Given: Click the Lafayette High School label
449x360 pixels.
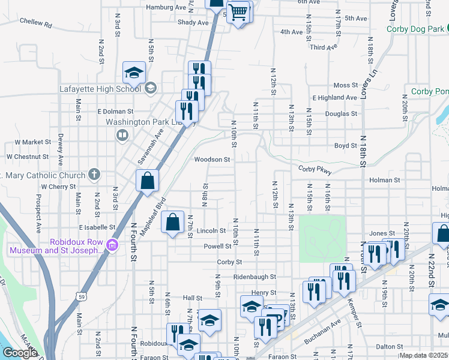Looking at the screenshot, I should pos(100,89).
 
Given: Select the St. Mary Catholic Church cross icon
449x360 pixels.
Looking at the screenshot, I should pos(94,175).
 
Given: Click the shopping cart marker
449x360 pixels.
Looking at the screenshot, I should pos(238,11).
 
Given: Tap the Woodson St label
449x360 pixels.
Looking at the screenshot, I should pos(212,160).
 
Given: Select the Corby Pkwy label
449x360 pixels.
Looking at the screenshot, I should pos(315,170).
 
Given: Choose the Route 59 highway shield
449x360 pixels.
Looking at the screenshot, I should pos(80,296).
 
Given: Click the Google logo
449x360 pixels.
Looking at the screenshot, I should pos(20,353).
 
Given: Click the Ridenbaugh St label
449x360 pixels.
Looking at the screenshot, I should pos(254,277).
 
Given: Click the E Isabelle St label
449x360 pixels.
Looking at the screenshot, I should pos(97,227).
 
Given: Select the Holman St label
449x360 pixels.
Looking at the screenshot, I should pos(385,179).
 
